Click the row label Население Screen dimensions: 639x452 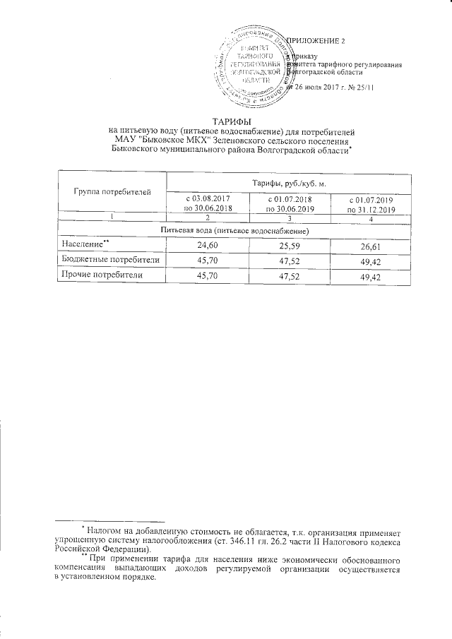click(x=82, y=244)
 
